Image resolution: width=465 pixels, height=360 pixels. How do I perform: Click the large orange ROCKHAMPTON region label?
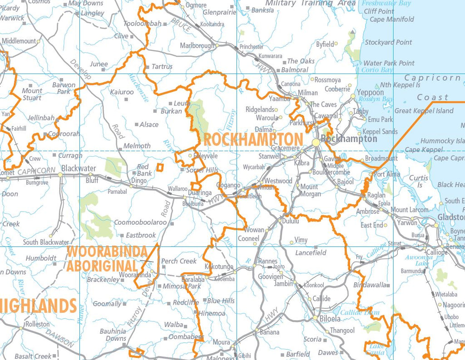click(253, 139)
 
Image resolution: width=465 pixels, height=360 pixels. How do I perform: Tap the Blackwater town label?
click(79, 168)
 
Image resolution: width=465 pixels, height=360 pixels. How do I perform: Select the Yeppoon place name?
click(370, 92)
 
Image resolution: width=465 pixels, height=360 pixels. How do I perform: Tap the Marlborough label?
click(197, 46)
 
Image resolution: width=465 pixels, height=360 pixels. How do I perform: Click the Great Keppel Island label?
click(424, 110)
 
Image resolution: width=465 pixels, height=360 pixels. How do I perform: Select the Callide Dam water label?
click(360, 312)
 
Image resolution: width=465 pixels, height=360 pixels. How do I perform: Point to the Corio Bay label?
click(377, 70)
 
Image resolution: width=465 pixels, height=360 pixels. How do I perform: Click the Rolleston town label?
click(37, 324)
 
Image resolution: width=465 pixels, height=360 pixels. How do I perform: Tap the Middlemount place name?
click(19, 41)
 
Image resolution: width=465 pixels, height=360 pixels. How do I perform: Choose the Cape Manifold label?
click(391, 19)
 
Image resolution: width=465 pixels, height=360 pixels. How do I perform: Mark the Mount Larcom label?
click(410, 210)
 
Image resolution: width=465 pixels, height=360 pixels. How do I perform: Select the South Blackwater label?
click(46, 242)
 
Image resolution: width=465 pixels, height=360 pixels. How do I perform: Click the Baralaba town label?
click(193, 280)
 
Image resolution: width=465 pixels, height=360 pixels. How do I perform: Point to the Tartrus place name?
click(162, 66)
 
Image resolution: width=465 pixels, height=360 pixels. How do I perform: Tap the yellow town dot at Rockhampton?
click(316, 143)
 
